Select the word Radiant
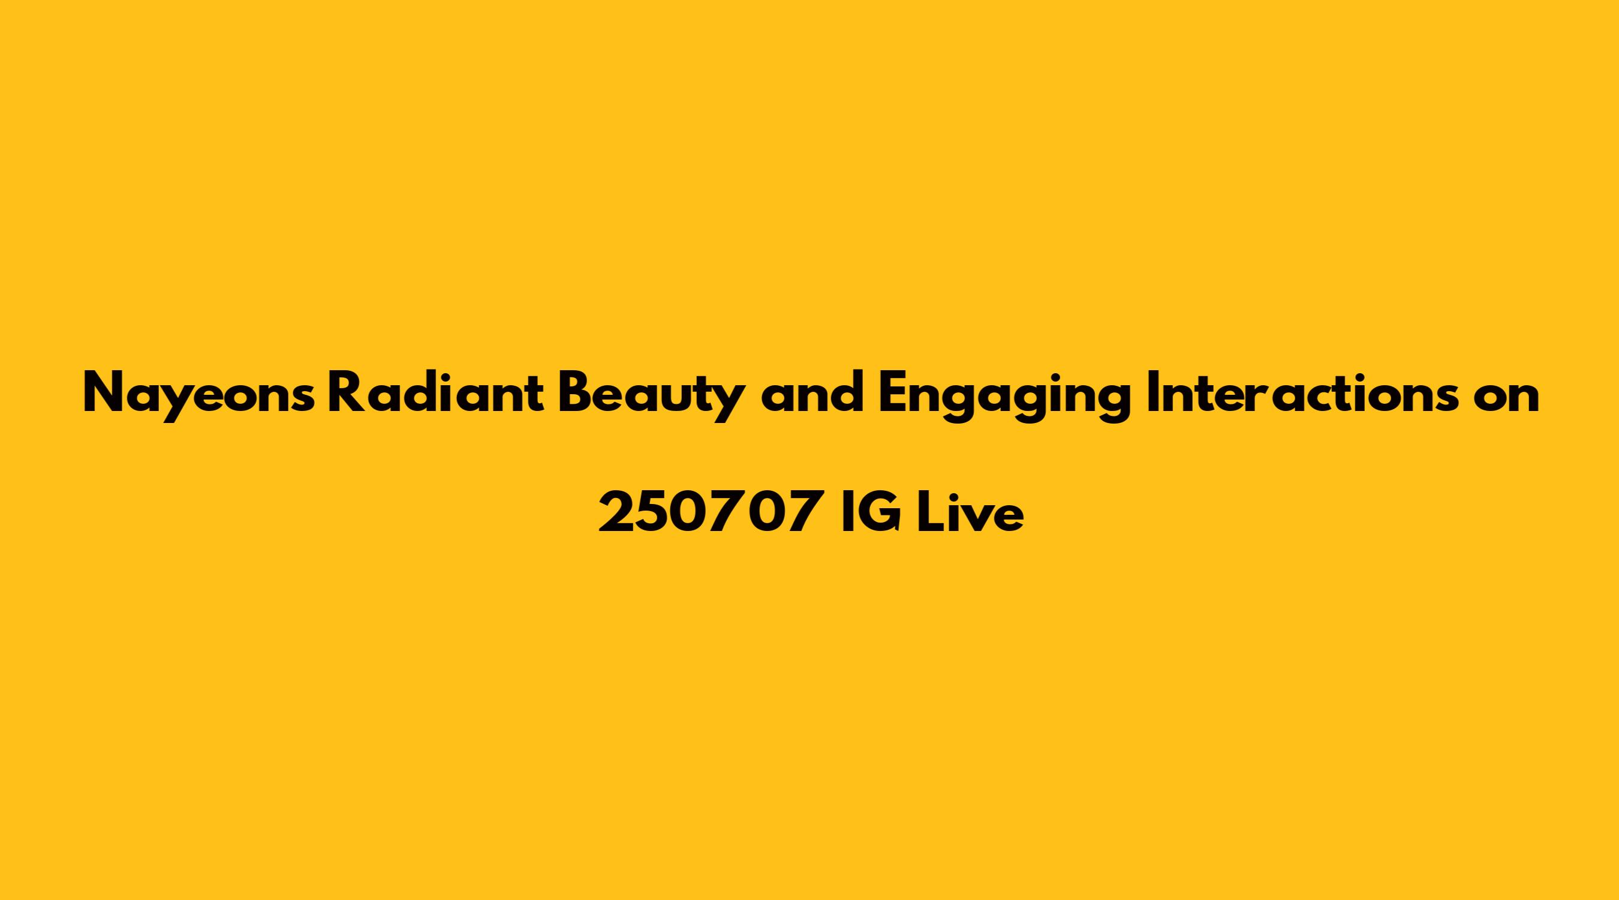pyautogui.click(x=435, y=392)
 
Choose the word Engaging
pyautogui.click(x=1004, y=396)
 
